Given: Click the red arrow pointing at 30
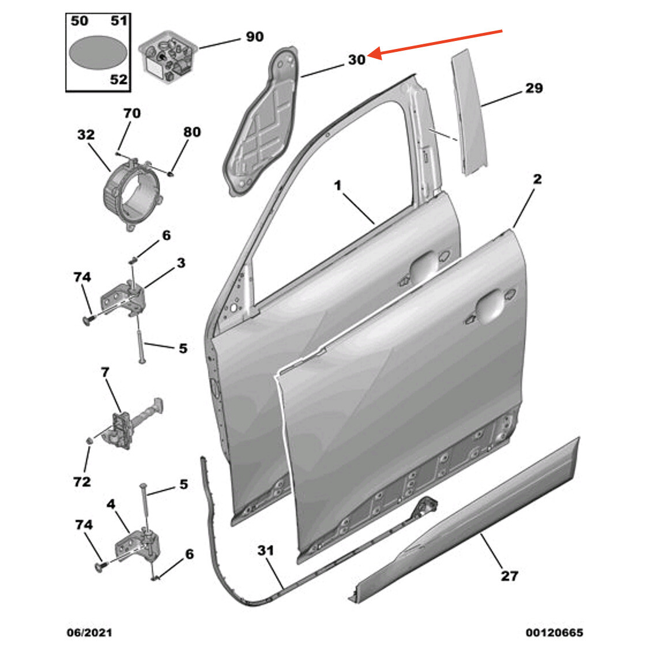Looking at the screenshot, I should [x=438, y=42].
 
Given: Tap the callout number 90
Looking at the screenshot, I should [x=254, y=37].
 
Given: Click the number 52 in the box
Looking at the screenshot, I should [x=118, y=79].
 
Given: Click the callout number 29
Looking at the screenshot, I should [x=534, y=88].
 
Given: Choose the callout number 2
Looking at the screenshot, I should [x=537, y=179].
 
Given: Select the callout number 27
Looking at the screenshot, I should [x=509, y=575].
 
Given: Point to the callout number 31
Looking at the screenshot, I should [x=265, y=551].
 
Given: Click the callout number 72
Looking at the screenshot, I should [x=82, y=481].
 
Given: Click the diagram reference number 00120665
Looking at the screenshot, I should [x=553, y=632].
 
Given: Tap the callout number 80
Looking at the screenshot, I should [x=191, y=132].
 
